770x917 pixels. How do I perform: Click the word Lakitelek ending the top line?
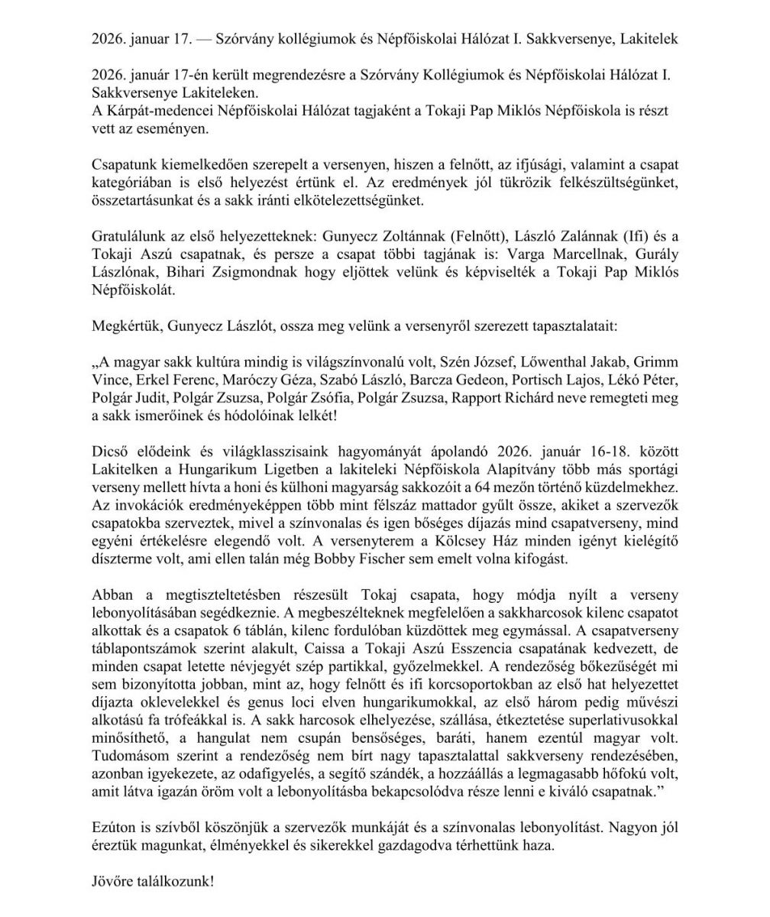point(648,39)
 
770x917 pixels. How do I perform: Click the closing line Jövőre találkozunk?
point(153,881)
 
